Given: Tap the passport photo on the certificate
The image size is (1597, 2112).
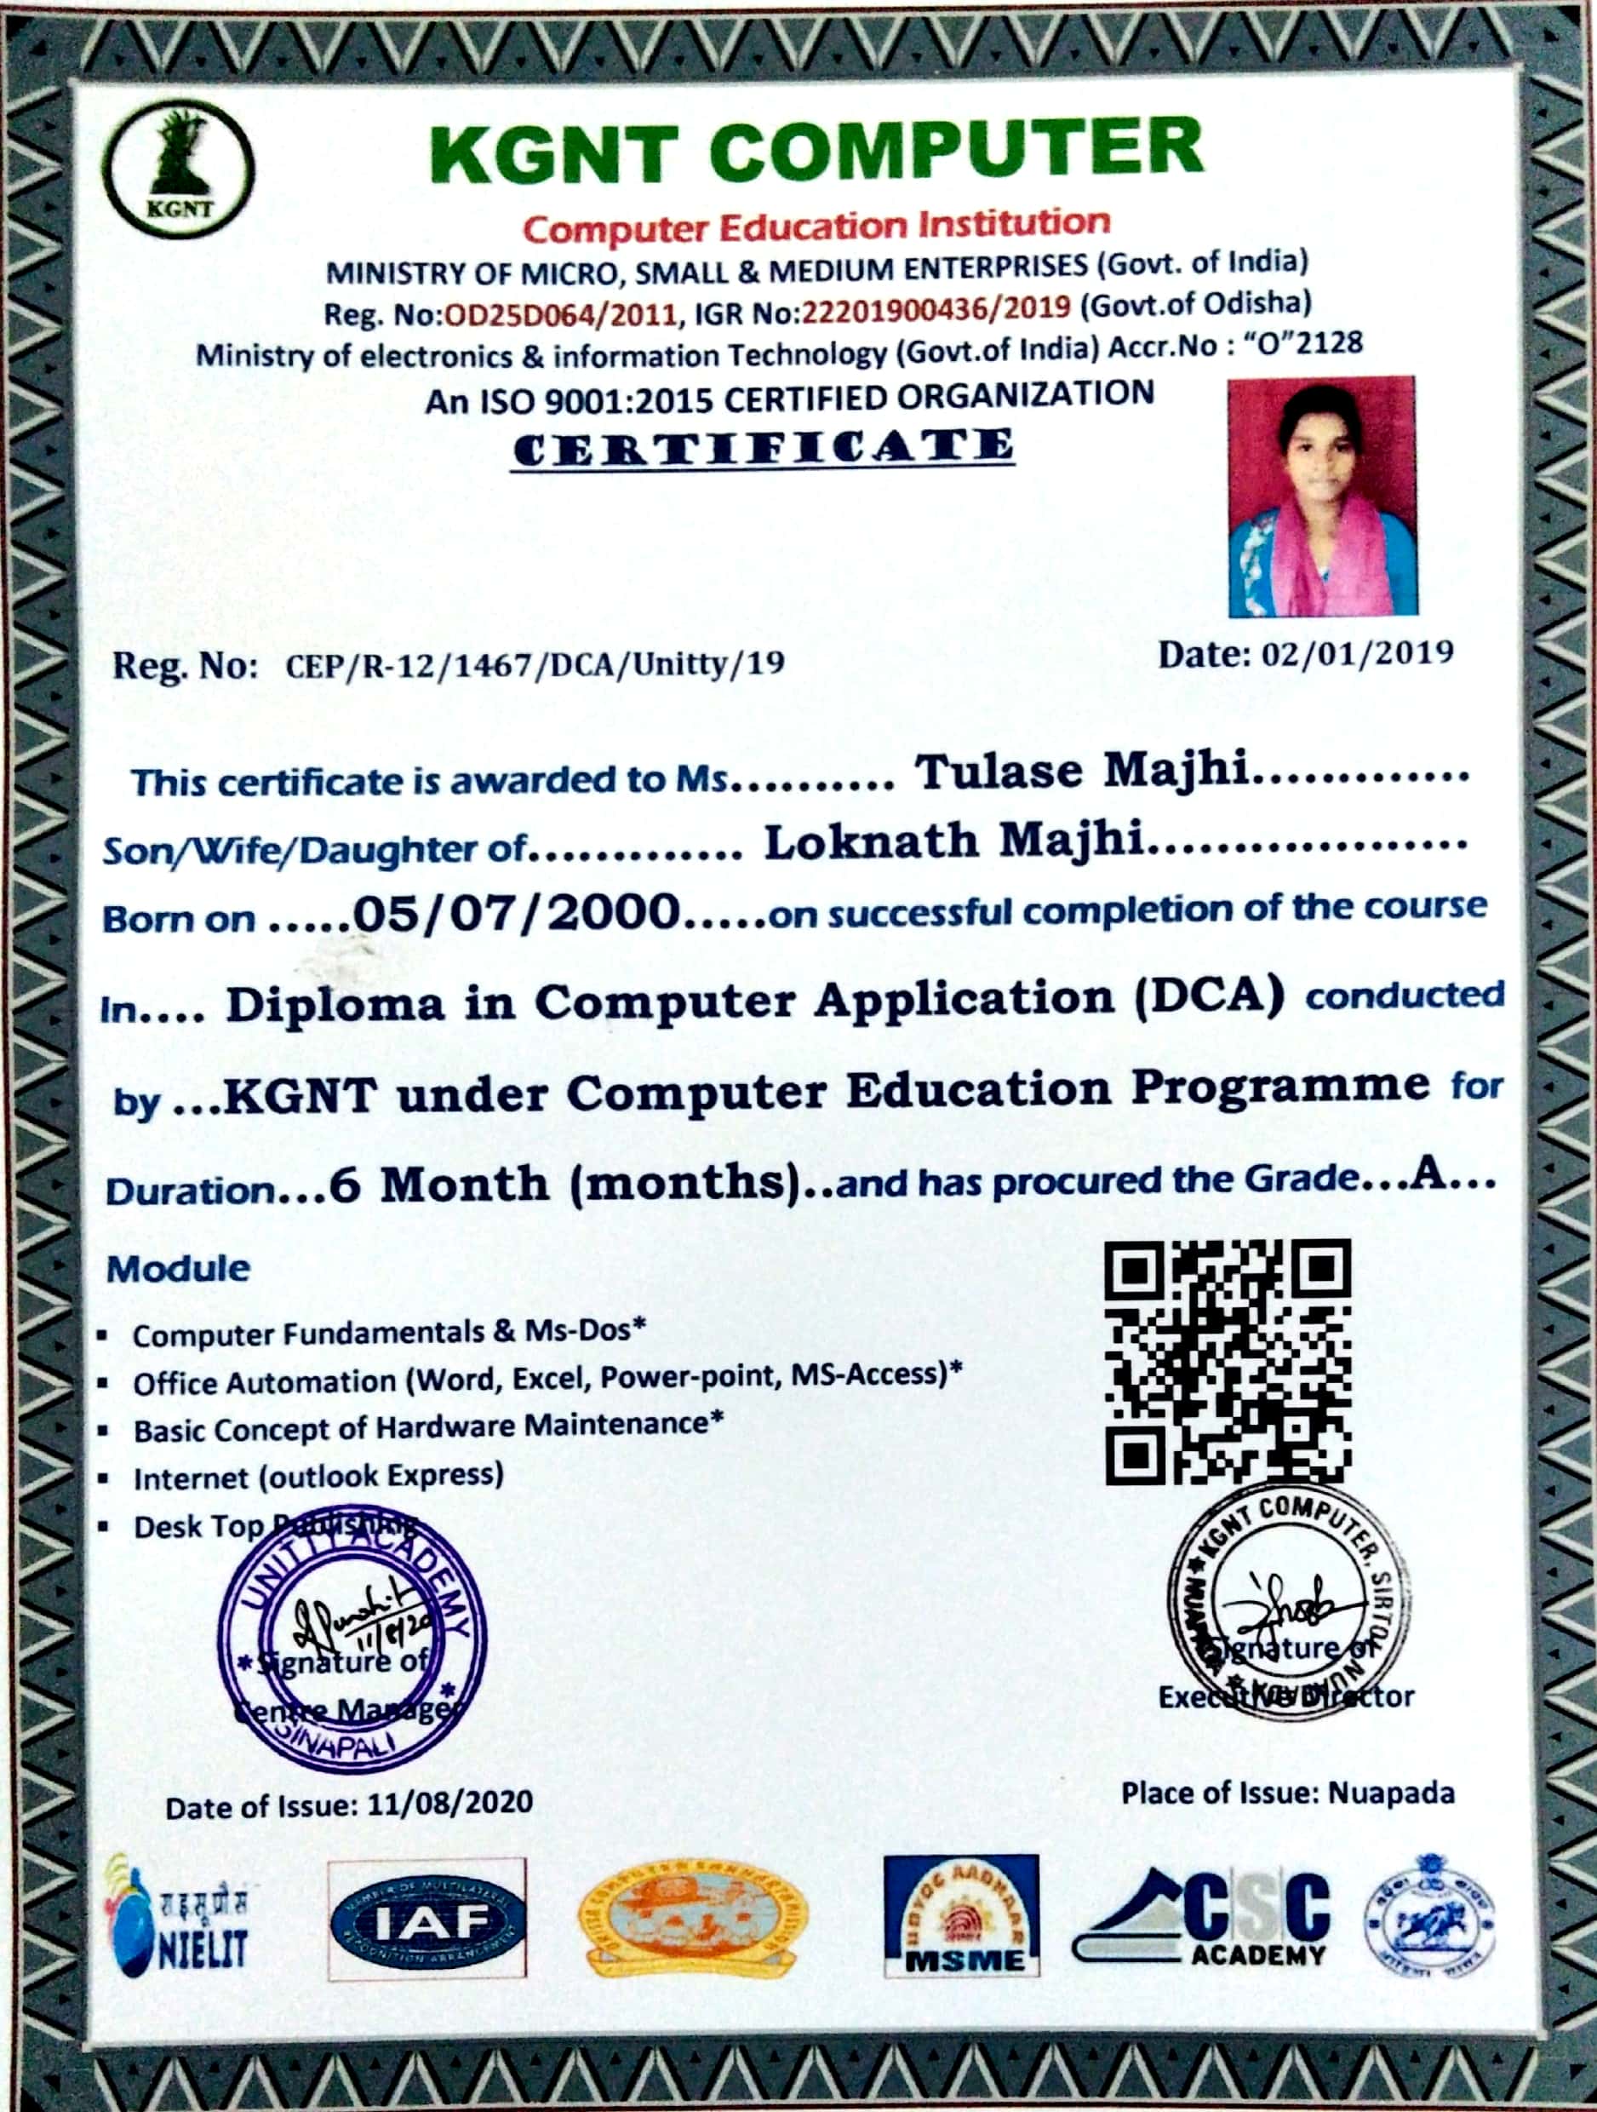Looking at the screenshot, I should point(1322,496).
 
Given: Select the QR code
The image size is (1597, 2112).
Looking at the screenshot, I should point(1228,1362).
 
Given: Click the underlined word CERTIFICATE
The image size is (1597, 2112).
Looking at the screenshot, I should point(763,449).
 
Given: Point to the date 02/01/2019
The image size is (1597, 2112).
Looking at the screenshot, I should point(1358,654).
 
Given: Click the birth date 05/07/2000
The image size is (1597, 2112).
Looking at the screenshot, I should point(517,913).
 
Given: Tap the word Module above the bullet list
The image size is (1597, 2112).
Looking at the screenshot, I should point(178,1269).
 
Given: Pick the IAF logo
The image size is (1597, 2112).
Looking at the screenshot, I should point(426,1920).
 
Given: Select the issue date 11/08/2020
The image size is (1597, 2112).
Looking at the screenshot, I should point(449,1804).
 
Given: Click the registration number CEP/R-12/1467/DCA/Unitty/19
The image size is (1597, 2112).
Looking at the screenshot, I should point(535,663).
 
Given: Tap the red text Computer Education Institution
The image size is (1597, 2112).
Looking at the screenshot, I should point(817,226).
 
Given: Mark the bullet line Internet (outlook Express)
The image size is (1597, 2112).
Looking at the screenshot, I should point(318,1477).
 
